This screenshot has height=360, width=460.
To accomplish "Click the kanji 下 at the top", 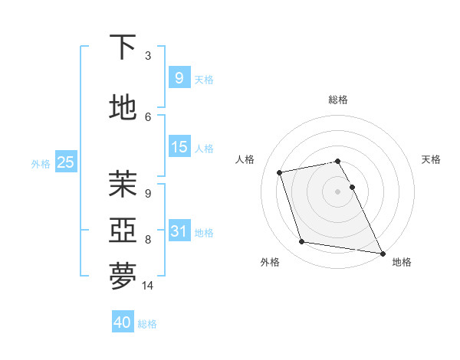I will tap(123, 47).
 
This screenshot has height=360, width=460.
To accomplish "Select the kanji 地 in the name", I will tap(123, 108).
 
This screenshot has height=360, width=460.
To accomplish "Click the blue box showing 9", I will tap(179, 78).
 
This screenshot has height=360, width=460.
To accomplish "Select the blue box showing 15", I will tap(179, 147).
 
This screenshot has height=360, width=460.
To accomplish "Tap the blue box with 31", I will tap(179, 231).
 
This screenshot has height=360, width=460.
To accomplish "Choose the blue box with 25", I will tap(65, 162).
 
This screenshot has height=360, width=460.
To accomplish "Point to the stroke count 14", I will tap(149, 286).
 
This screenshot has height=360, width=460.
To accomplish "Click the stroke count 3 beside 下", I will tap(148, 56).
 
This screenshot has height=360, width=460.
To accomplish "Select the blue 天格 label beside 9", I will tap(204, 80).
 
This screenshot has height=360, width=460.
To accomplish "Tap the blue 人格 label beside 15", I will tap(204, 149).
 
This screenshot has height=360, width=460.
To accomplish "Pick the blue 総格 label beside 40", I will tap(147, 324).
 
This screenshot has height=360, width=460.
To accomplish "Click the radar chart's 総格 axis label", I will tap(337, 100).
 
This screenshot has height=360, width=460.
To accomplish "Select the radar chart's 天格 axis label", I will tap(431, 159).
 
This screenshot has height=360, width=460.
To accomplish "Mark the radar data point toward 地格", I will tap(382, 252).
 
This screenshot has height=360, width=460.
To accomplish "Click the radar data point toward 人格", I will tap(280, 172).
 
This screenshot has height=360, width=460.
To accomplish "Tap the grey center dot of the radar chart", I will tap(337, 191).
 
